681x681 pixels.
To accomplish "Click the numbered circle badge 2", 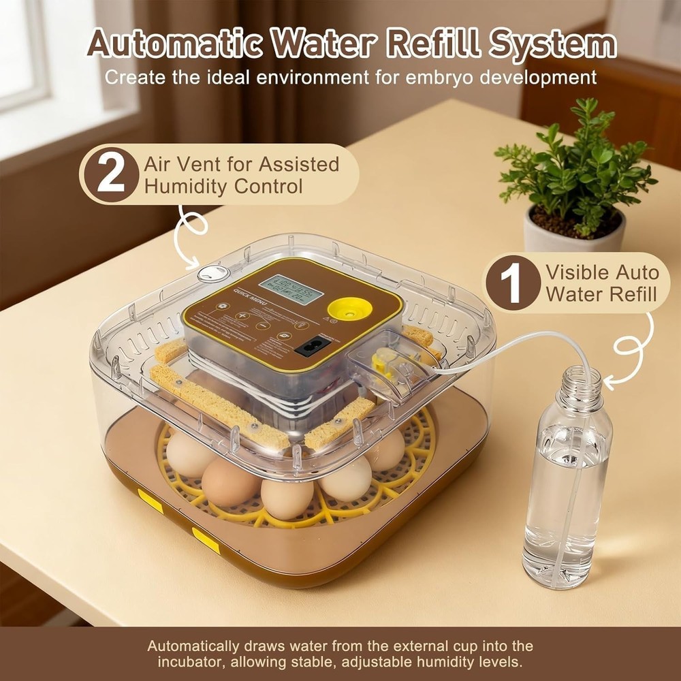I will click(x=111, y=174).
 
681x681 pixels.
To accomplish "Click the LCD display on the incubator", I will click(x=291, y=290).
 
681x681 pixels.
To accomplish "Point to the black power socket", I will click(x=308, y=345).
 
